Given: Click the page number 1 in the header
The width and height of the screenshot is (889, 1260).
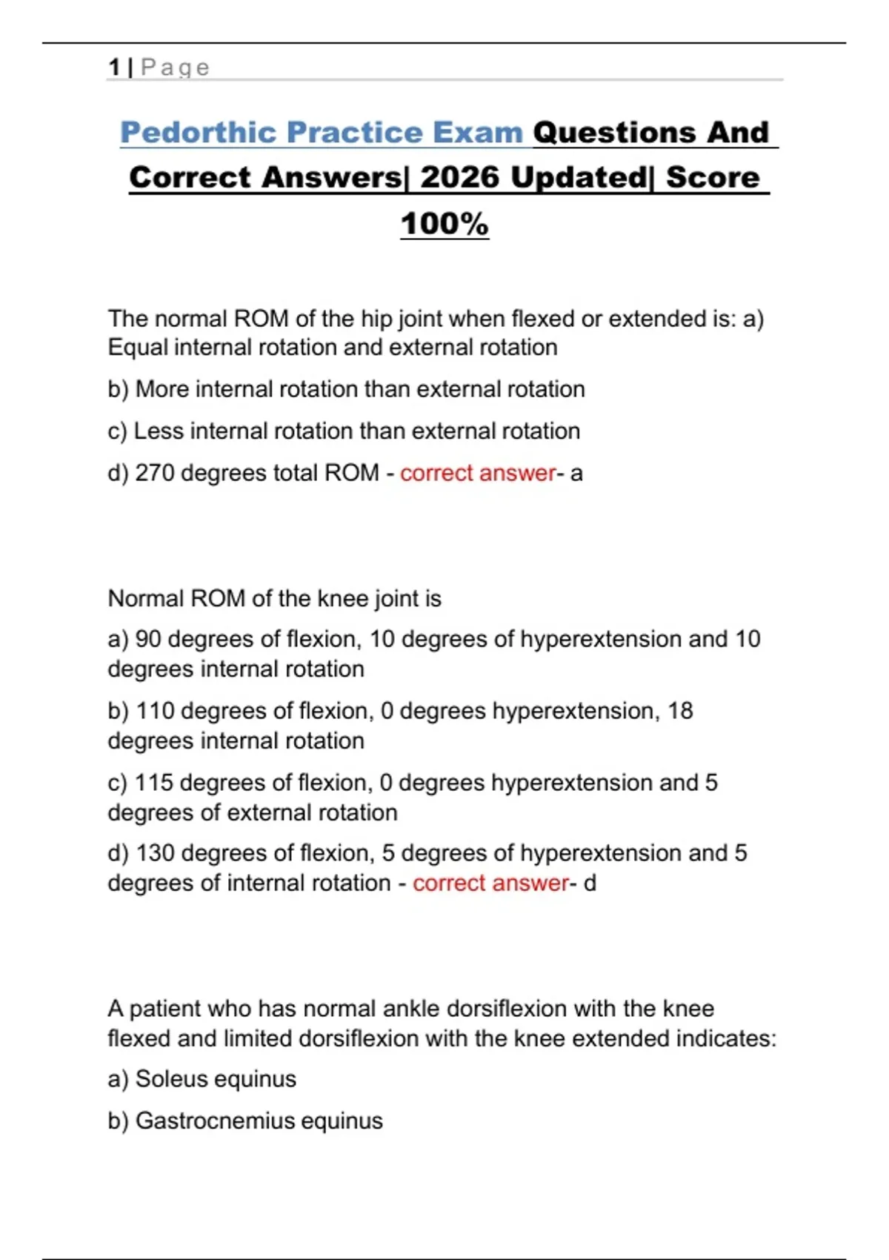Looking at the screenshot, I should point(114,67).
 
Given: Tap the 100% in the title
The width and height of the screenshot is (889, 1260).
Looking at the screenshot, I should point(444,224).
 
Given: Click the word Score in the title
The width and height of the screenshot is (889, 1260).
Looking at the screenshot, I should point(713,178).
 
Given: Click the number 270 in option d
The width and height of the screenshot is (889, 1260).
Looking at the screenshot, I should point(154,473).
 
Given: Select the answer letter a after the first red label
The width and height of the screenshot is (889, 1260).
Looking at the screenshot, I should point(576,474).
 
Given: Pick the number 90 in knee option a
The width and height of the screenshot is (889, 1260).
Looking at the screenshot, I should point(148,640).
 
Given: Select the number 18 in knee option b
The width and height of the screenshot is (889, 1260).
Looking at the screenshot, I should point(680,711).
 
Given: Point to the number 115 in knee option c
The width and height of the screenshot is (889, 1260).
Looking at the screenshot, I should point(153,783).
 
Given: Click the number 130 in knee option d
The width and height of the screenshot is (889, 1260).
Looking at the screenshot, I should point(155,853).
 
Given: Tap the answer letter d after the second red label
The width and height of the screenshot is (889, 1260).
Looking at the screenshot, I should point(590,883).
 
